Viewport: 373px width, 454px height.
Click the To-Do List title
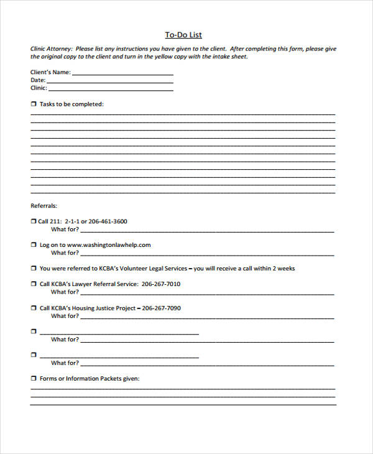click(183, 35)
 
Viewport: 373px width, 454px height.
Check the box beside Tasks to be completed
click(34, 104)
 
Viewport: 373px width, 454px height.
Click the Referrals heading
click(44, 205)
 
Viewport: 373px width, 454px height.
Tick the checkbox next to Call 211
click(34, 221)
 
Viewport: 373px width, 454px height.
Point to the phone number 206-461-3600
click(108, 221)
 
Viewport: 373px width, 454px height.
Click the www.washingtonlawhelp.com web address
click(109, 244)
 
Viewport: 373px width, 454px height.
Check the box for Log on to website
click(34, 245)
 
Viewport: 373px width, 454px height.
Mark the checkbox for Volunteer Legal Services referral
click(34, 269)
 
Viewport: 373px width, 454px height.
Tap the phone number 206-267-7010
click(160, 284)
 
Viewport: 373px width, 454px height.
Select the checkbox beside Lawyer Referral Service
click(34, 284)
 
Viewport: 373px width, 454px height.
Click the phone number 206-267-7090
click(161, 308)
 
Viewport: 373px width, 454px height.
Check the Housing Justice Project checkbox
click(34, 308)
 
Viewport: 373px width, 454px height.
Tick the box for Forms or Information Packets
click(34, 378)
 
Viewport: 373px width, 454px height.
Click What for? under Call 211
click(65, 229)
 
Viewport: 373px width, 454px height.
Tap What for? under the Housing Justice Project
click(65, 316)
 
